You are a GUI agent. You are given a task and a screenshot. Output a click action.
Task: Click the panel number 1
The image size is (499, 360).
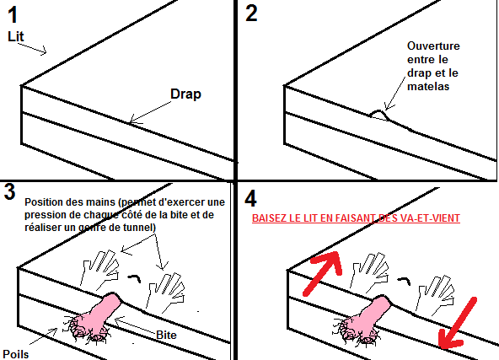13,15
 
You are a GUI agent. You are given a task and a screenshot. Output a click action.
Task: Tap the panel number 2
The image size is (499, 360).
251,13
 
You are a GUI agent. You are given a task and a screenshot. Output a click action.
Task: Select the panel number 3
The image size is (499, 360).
9,192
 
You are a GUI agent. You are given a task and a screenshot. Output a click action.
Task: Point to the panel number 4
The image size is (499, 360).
250,199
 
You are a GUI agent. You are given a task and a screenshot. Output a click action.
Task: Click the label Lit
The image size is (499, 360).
15,36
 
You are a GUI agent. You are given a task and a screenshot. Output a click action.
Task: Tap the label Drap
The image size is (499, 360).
185,94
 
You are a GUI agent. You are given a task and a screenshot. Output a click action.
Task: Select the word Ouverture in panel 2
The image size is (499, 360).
433,46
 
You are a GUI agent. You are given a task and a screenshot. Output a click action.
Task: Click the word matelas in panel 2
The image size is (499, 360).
428,86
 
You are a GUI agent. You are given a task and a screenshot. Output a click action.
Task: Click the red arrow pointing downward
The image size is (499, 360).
458,323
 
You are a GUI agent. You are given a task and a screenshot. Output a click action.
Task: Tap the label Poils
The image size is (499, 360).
15,354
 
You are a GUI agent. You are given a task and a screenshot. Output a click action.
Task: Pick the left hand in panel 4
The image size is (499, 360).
369,273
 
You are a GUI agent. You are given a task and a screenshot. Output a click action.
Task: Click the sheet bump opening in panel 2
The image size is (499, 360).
379,115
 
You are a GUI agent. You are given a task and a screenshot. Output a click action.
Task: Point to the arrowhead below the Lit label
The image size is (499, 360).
43,51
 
